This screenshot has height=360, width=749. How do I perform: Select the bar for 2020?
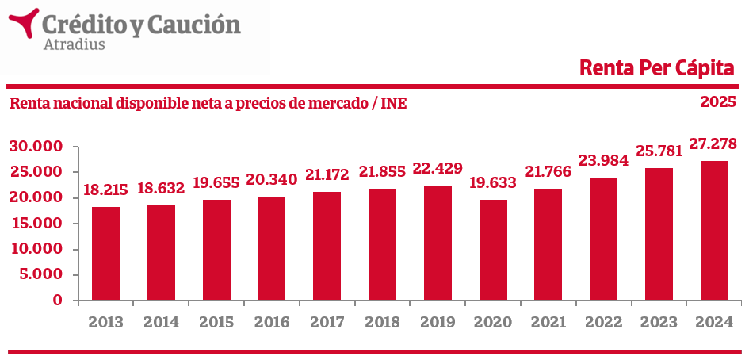click(x=493, y=250)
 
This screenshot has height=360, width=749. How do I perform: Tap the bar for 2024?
click(x=714, y=231)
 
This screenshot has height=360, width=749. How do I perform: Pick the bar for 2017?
click(x=327, y=246)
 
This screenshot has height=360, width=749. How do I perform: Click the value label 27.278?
click(x=714, y=144)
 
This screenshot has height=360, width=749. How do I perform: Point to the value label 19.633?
click(x=493, y=183)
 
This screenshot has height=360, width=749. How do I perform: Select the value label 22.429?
click(x=438, y=170)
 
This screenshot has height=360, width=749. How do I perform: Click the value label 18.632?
click(x=161, y=189)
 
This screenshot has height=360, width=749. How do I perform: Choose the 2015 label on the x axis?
click(x=216, y=323)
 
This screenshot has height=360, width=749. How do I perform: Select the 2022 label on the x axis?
click(x=603, y=323)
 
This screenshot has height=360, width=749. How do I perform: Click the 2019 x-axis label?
click(x=438, y=323)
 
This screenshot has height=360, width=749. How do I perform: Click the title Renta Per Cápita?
click(x=657, y=68)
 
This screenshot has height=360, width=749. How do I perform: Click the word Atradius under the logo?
click(x=71, y=44)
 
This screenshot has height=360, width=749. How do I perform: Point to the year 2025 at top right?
click(x=718, y=102)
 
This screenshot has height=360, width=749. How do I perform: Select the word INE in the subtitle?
click(x=394, y=103)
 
